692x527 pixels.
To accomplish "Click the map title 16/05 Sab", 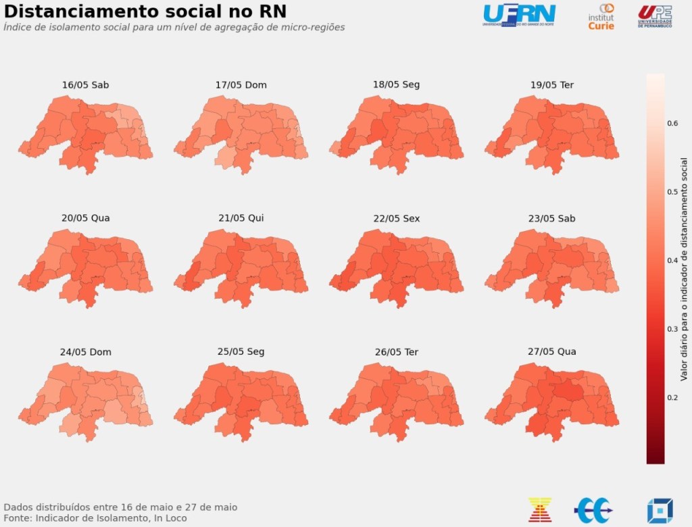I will point(85,85).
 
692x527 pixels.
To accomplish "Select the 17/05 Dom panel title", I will point(241,85).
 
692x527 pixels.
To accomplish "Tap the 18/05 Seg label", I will point(396,84).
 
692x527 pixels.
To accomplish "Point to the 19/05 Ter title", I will point(552,85).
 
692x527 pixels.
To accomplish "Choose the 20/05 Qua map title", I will point(85,218).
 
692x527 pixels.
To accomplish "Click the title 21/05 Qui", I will point(241,218).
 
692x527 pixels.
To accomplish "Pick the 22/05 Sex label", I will point(396,218).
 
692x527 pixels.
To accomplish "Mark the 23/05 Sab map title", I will point(552,218).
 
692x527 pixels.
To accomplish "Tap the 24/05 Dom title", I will point(85,352).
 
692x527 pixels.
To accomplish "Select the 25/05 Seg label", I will point(241,351).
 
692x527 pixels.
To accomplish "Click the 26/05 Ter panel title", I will point(396,352).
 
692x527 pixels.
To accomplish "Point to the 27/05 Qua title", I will point(552,351).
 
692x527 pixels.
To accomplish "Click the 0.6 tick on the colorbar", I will point(673,124).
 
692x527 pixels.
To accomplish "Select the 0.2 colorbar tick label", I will point(673,398).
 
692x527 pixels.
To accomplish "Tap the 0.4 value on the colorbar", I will point(673,261).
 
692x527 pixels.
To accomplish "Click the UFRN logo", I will point(519,15).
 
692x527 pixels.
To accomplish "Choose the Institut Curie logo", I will point(601,17).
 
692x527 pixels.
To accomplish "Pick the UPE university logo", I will point(655,16).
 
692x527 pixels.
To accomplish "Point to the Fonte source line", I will point(95,518).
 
